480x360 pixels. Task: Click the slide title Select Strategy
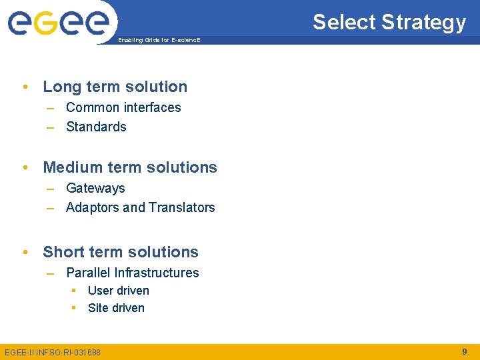point(389,22)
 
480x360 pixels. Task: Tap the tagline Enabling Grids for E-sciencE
point(159,41)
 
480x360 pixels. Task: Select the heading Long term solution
point(115,87)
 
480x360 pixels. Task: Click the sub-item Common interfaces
point(123,107)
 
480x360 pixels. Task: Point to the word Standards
point(96,127)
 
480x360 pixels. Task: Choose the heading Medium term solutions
point(130,167)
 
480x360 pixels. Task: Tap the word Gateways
point(95,188)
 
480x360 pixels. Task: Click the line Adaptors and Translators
point(140,207)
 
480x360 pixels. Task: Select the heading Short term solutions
point(121,252)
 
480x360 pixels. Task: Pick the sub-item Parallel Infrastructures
point(132,273)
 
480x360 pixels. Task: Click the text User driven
point(118,291)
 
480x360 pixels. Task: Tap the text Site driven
point(116,308)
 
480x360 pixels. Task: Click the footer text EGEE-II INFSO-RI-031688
point(53,352)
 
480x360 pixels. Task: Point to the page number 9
point(464,351)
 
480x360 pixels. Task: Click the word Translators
point(182,207)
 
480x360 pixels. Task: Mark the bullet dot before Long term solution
point(25,87)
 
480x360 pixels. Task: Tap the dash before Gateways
point(51,189)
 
